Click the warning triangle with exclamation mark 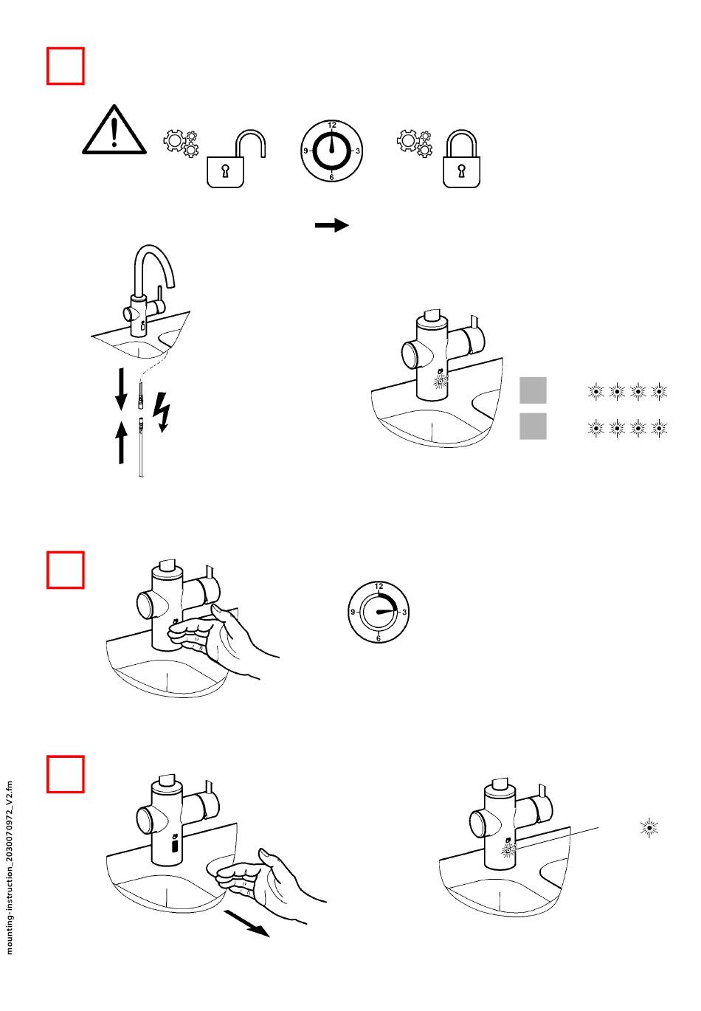[114, 131]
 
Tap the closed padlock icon [461, 161]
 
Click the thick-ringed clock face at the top [332, 151]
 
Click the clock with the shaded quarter [379, 612]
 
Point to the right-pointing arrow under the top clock [331, 225]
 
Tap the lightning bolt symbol [162, 411]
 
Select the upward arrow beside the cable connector [122, 441]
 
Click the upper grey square [533, 390]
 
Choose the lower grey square [533, 427]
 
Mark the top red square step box [66, 66]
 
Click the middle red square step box [66, 570]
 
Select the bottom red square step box [66, 773]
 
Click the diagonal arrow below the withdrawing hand [246, 923]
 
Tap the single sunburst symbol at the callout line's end [649, 828]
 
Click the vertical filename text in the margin [10, 868]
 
